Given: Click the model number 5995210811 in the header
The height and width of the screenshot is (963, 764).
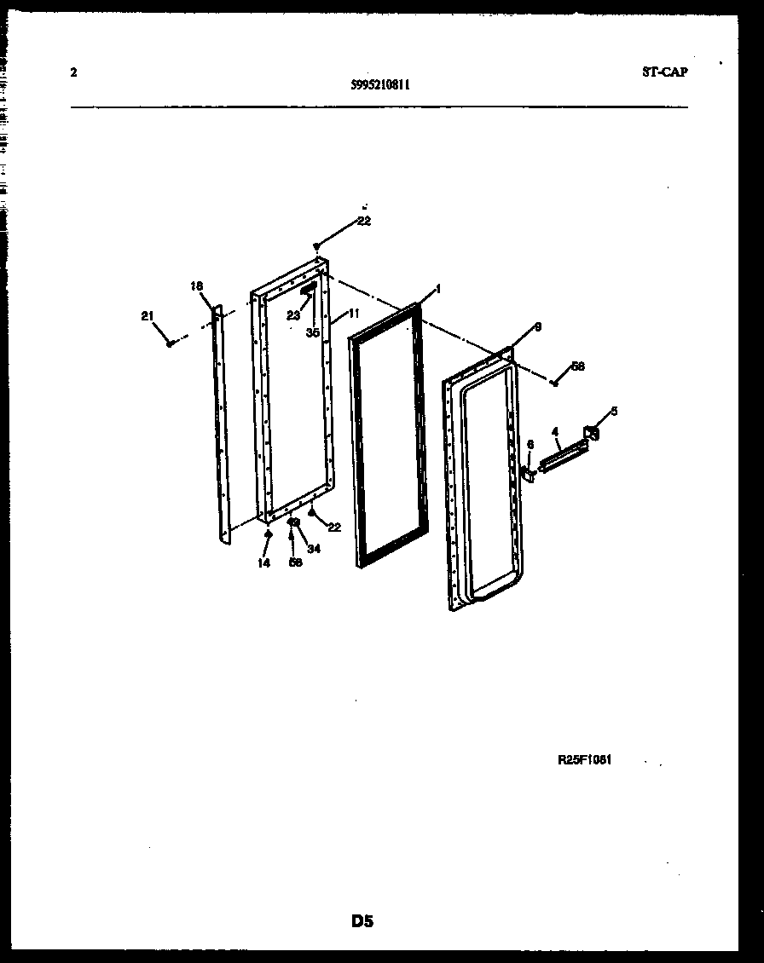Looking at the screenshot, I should pyautogui.click(x=379, y=84).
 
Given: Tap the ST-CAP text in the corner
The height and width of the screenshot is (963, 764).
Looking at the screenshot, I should pyautogui.click(x=664, y=72).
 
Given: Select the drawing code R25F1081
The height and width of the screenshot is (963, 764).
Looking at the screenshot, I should pyautogui.click(x=585, y=760).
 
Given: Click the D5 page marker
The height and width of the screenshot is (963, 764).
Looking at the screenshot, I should pyautogui.click(x=362, y=920).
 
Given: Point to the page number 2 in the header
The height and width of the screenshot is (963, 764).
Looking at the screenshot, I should pyautogui.click(x=73, y=72).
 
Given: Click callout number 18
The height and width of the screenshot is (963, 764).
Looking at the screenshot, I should pyautogui.click(x=197, y=286).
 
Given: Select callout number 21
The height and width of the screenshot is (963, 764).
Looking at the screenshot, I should pyautogui.click(x=148, y=316).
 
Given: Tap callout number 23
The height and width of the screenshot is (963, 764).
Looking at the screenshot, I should pyautogui.click(x=292, y=315).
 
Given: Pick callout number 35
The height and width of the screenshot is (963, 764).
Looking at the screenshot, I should pyautogui.click(x=313, y=333).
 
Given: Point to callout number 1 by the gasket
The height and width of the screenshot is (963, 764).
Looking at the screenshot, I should pyautogui.click(x=437, y=290).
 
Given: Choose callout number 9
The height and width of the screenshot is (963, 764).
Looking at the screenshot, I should pyautogui.click(x=537, y=326).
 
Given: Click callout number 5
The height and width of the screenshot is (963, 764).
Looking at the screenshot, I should pyautogui.click(x=613, y=411).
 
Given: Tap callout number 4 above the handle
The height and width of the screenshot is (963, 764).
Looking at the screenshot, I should pyautogui.click(x=555, y=432).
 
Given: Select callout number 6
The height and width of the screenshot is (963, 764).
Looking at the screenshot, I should pyautogui.click(x=530, y=444).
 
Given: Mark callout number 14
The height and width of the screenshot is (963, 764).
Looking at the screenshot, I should pyautogui.click(x=264, y=562).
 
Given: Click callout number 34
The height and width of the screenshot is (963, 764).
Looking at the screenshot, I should pyautogui.click(x=314, y=549).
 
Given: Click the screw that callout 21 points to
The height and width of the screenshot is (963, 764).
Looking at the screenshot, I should pyautogui.click(x=171, y=343).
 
